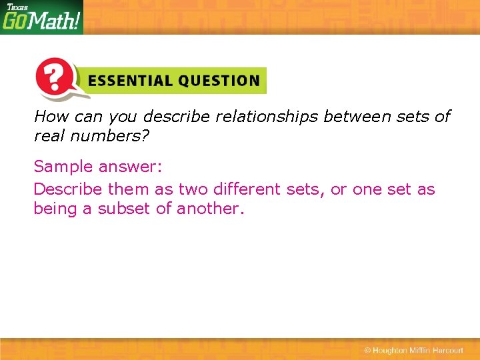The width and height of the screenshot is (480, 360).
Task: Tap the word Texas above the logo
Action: [17, 7]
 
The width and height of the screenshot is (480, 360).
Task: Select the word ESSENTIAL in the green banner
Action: [127, 81]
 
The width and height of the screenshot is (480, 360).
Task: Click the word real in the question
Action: [49, 136]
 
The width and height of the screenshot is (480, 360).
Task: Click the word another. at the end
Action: [211, 209]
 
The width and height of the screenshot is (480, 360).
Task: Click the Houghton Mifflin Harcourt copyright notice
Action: [413, 351]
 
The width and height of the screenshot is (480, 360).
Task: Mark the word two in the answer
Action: [193, 189]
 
